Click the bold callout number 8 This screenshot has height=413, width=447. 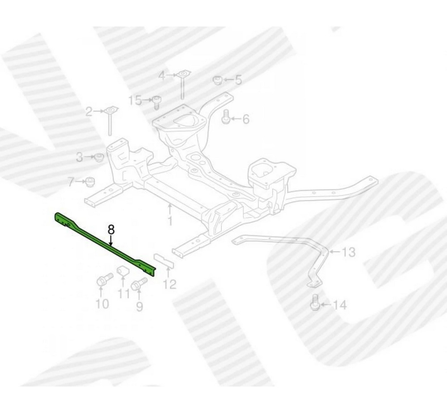click(111, 229)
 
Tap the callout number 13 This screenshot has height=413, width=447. click(348, 252)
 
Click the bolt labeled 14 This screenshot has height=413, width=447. click(314, 303)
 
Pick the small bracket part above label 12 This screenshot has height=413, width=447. click(164, 260)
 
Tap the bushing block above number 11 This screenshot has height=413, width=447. click(123, 272)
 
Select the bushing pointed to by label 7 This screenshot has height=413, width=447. click(90, 182)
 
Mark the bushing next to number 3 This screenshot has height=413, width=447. click(99, 157)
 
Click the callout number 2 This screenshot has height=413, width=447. click(89, 112)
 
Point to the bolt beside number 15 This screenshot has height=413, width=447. click(156, 103)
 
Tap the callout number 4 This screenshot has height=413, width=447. click(162, 76)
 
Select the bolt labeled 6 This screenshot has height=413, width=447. click(226, 117)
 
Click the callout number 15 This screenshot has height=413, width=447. click(135, 100)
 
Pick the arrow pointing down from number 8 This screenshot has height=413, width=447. click(111, 240)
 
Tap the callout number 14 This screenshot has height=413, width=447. click(340, 305)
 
